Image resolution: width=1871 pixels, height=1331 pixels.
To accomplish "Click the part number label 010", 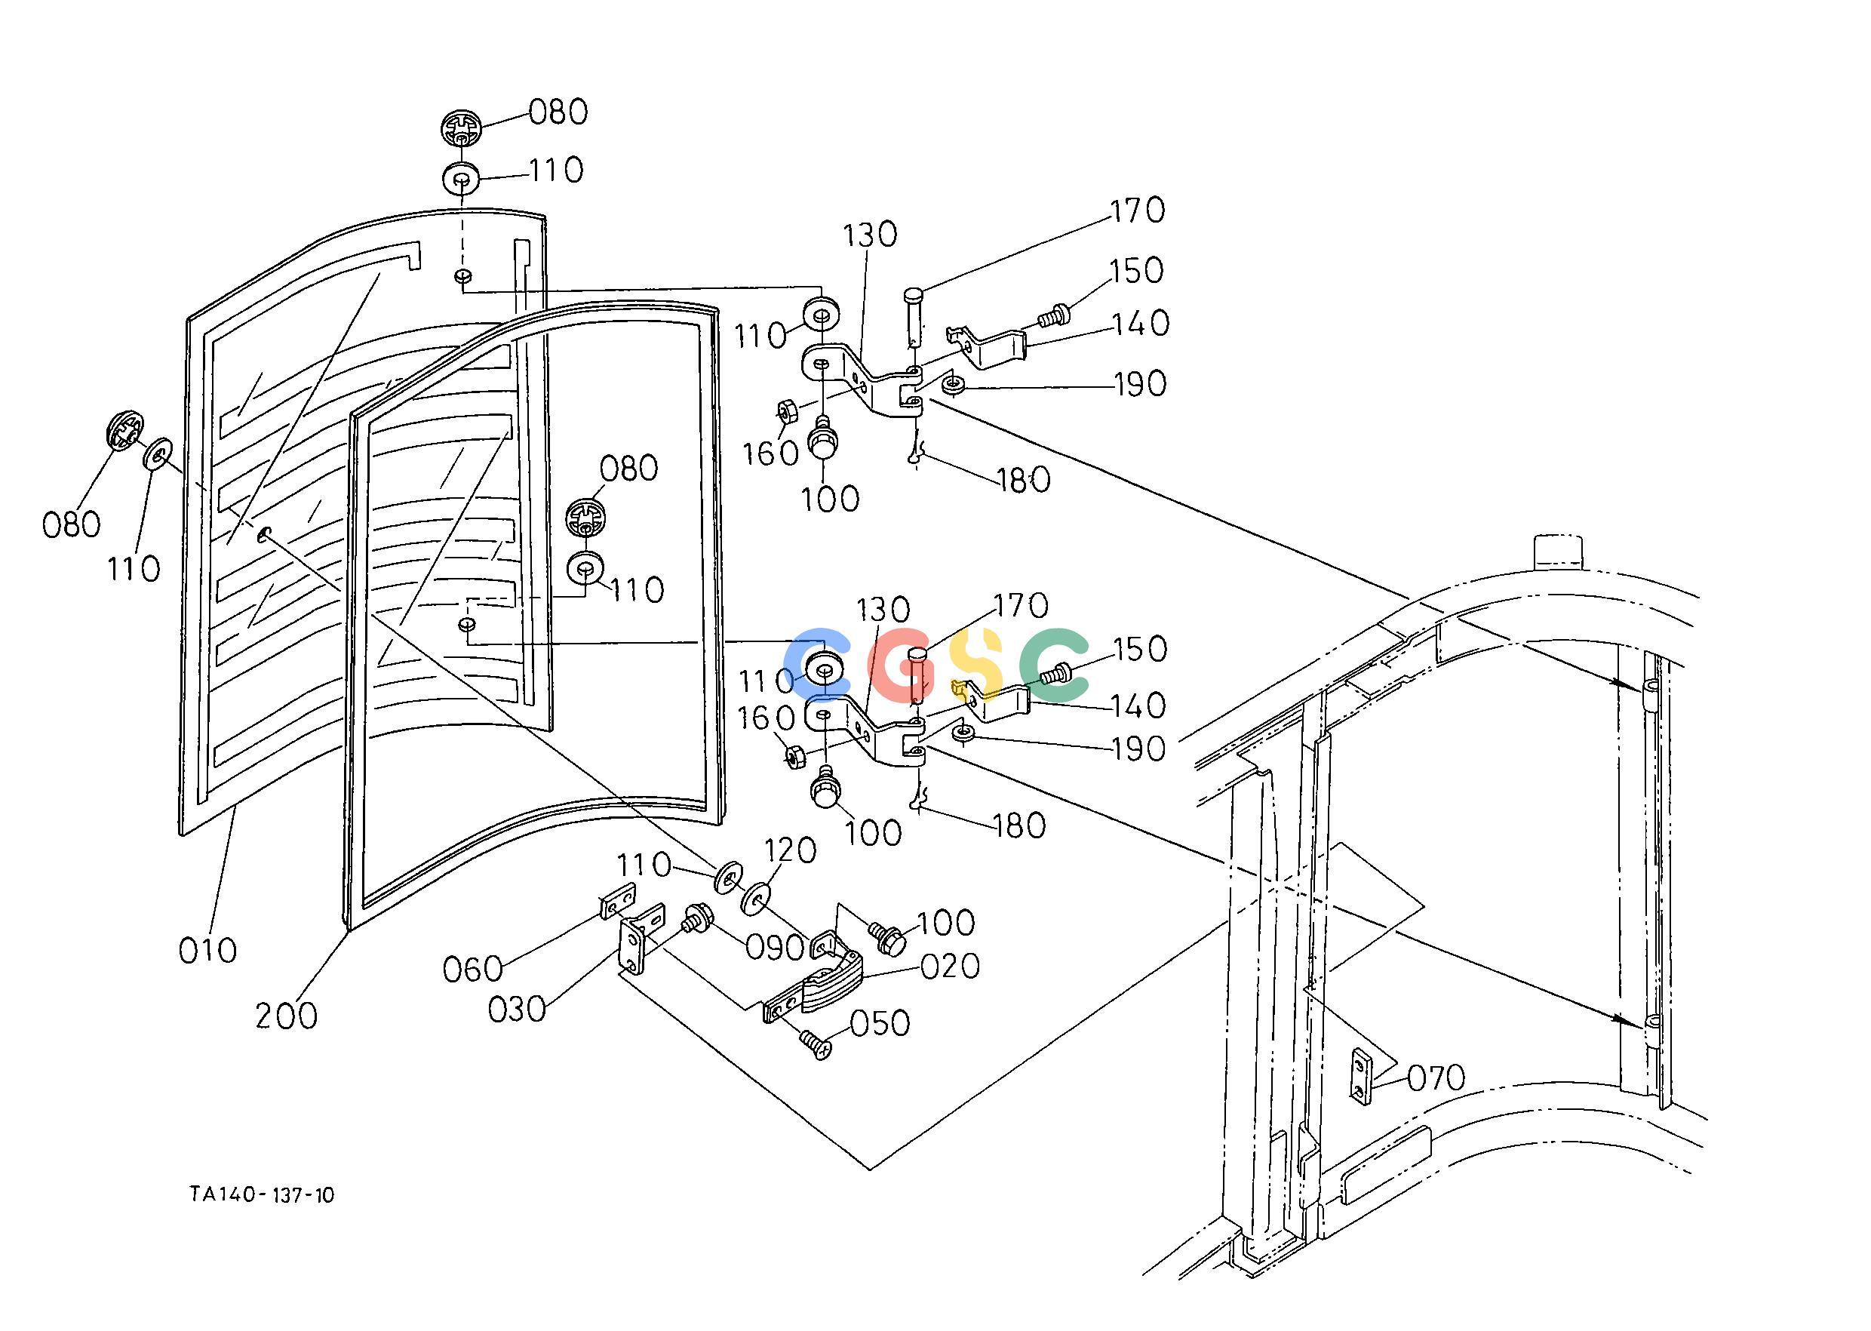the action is (208, 951).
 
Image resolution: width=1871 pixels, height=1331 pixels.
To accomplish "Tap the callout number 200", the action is (286, 1016).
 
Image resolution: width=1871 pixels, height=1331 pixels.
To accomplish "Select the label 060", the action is (473, 970).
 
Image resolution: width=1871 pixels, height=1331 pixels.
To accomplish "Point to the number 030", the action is (517, 1010).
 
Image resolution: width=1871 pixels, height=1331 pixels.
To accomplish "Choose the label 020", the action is (951, 967).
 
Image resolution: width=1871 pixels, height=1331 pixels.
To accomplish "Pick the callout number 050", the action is (880, 1024).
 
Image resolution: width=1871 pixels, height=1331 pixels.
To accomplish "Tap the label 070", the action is (1436, 1078).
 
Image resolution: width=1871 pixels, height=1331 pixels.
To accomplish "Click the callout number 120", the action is (791, 850).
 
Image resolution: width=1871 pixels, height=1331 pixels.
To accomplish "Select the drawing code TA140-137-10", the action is (263, 1195).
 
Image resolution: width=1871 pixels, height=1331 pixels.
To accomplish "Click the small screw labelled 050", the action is (816, 1045).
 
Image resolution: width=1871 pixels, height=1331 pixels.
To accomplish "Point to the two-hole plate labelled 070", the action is (1359, 1076).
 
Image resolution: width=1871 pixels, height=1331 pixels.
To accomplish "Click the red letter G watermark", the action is (905, 666).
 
